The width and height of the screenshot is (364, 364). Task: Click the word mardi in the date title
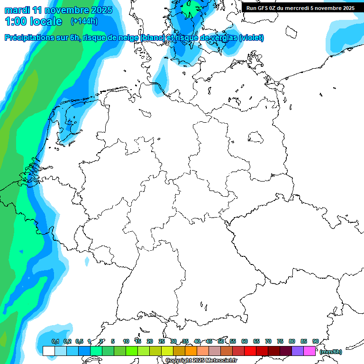[x=17, y=10]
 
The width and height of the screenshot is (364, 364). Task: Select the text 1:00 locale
[x=33, y=21]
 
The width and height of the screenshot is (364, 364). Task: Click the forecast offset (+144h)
[x=84, y=21]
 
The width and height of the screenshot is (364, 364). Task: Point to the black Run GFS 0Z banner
[x=300, y=8]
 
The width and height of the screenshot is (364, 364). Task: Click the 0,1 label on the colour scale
[x=55, y=342]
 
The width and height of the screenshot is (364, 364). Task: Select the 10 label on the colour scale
[x=126, y=342]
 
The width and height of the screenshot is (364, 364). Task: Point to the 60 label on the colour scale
[x=245, y=342]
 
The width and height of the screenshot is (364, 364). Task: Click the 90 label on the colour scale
[x=316, y=342]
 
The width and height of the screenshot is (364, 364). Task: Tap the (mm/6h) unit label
[x=330, y=352]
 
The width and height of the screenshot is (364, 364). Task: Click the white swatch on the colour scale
[x=48, y=351]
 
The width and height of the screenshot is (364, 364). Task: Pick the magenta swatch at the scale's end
[x=309, y=351]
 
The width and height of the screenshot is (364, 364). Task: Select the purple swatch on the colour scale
[x=298, y=351]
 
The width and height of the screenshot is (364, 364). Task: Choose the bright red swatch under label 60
[x=250, y=351]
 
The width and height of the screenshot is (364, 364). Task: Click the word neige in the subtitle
[x=129, y=38]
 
